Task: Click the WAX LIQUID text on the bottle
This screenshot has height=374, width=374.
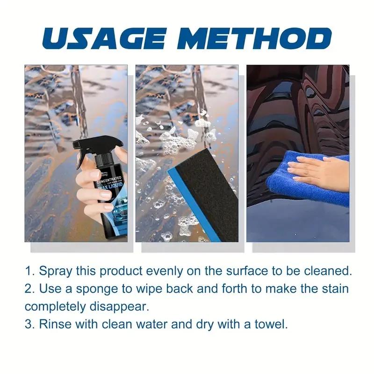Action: click(111, 188)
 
